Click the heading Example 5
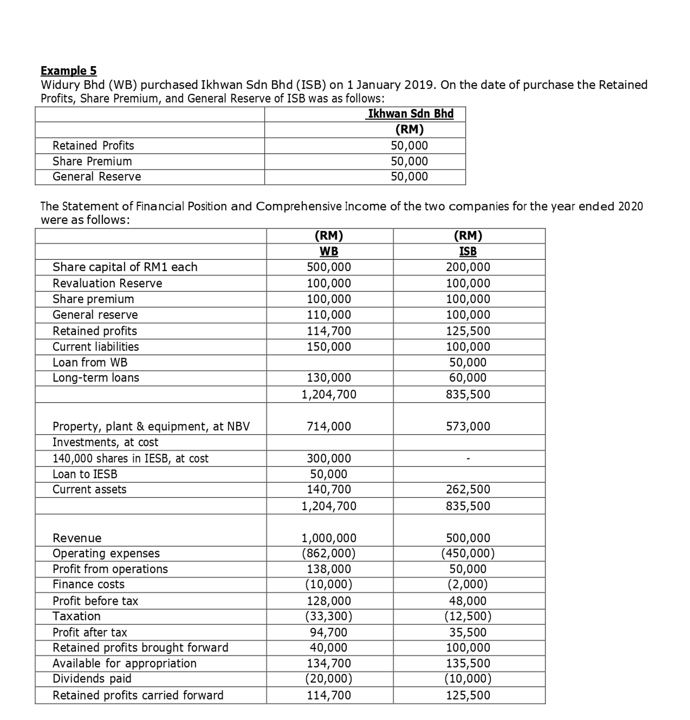pyautogui.click(x=68, y=70)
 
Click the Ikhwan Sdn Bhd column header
pyautogui.click(x=410, y=114)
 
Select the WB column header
pyautogui.click(x=329, y=251)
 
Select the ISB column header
pyautogui.click(x=468, y=251)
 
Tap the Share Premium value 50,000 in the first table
pyautogui.click(x=409, y=161)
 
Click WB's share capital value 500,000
pyautogui.click(x=329, y=267)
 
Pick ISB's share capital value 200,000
pyautogui.click(x=468, y=267)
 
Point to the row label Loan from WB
pyautogui.click(x=90, y=362)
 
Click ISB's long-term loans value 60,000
pyautogui.click(x=468, y=377)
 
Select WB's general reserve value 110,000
pyautogui.click(x=329, y=314)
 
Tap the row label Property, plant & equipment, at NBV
pyautogui.click(x=151, y=426)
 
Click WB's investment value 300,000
pyautogui.click(x=329, y=458)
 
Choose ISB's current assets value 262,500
pyautogui.click(x=468, y=489)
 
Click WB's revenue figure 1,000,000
pyautogui.click(x=329, y=538)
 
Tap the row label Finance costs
pyautogui.click(x=88, y=584)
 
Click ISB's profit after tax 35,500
pyautogui.click(x=468, y=632)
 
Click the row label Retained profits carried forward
pyautogui.click(x=138, y=695)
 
